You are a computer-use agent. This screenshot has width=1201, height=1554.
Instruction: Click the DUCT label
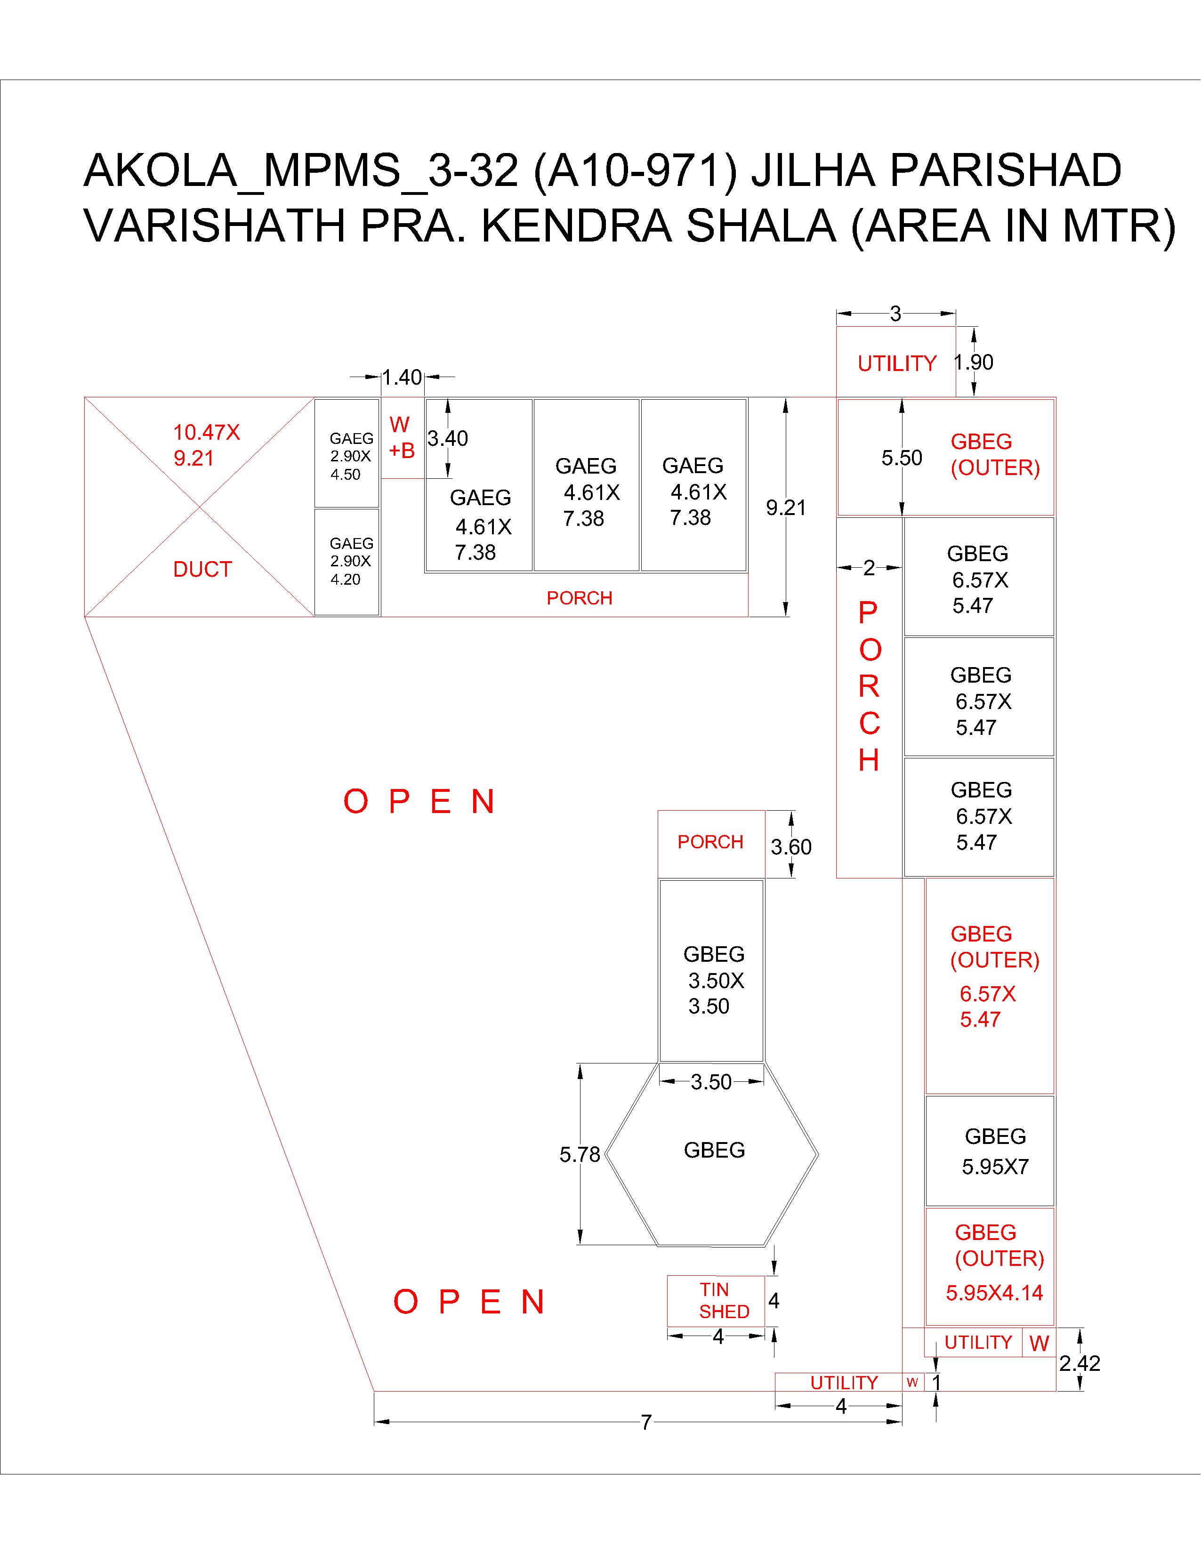(203, 569)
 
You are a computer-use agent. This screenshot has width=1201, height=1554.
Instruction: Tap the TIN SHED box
(716, 1301)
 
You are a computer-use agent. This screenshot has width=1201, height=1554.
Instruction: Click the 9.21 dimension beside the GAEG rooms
(786, 507)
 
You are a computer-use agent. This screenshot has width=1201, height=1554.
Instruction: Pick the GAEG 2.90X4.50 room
(347, 453)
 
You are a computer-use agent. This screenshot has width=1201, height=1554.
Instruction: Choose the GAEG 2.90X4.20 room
(347, 562)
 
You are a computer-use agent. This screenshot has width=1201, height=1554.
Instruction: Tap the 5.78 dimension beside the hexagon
(580, 1154)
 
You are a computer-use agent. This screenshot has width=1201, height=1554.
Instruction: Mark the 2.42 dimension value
(1080, 1363)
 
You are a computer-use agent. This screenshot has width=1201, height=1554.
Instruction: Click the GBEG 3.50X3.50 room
(711, 971)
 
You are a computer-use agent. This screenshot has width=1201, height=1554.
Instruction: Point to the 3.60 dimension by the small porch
(791, 847)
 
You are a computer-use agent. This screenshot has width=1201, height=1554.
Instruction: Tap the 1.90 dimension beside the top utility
(973, 362)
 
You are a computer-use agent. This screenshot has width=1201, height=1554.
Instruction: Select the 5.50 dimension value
(902, 458)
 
